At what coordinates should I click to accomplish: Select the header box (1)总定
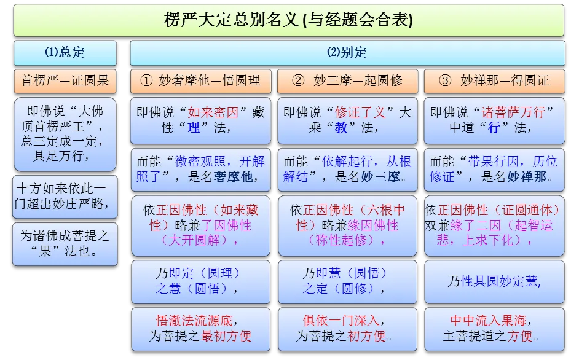[65, 53]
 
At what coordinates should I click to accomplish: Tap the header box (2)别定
[347, 53]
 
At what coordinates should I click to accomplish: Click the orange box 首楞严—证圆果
[65, 80]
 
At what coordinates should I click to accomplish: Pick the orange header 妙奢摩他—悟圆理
[200, 80]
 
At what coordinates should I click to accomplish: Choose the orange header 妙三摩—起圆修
[347, 80]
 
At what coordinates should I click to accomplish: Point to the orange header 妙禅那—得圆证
[494, 80]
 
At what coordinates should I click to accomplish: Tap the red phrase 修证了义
[360, 112]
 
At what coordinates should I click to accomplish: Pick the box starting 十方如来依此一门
[65, 196]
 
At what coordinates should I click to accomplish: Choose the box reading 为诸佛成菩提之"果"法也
[65, 243]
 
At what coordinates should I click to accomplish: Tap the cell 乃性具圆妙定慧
[494, 281]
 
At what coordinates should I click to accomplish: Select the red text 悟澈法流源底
[196, 321]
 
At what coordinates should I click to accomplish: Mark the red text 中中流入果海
[489, 321]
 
